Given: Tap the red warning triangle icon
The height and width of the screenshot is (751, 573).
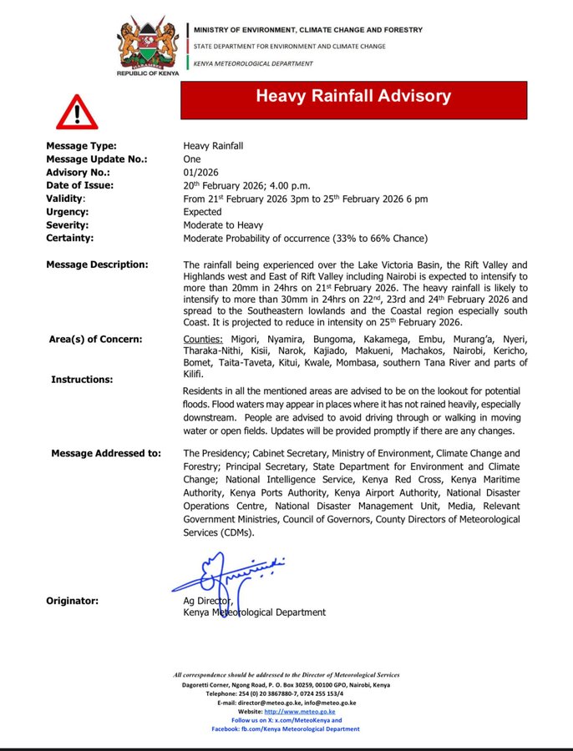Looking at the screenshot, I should pos(77,112).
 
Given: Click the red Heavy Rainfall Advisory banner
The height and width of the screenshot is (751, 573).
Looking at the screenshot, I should pos(354,97).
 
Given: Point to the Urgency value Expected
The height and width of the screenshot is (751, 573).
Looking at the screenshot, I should pos(203,212).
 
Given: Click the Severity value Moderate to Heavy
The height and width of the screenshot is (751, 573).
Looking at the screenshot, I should pos(223,225).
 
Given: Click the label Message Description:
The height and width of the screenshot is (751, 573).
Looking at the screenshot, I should pos(97,265).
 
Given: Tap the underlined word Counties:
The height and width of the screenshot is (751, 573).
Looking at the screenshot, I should pos(203,340).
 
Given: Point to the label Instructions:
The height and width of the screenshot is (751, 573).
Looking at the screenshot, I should pos(82,380).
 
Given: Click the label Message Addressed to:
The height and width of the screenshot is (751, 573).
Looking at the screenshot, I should pos(106,454).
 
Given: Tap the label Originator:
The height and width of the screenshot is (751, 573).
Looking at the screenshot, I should pos(72,601).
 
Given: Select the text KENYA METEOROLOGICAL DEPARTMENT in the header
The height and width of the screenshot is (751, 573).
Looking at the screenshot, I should pos(254,63).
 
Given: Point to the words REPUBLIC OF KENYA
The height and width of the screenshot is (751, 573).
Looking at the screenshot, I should pos(150,74).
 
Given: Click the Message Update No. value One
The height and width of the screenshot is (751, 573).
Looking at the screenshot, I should pos(192,159).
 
